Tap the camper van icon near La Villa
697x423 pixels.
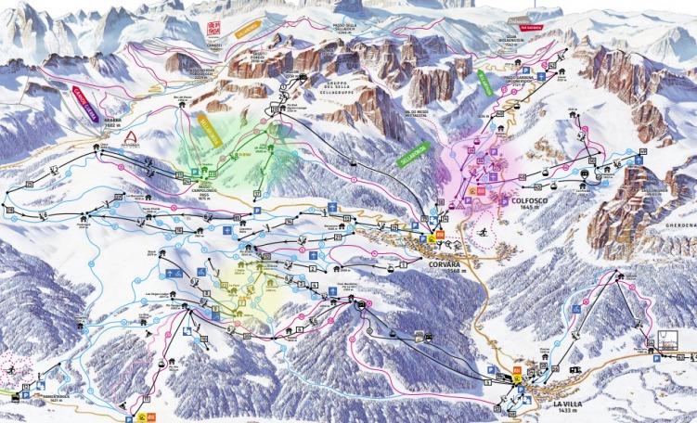pyautogui.click(x=575, y=370)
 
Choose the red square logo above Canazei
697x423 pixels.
pyautogui.click(x=214, y=28)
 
